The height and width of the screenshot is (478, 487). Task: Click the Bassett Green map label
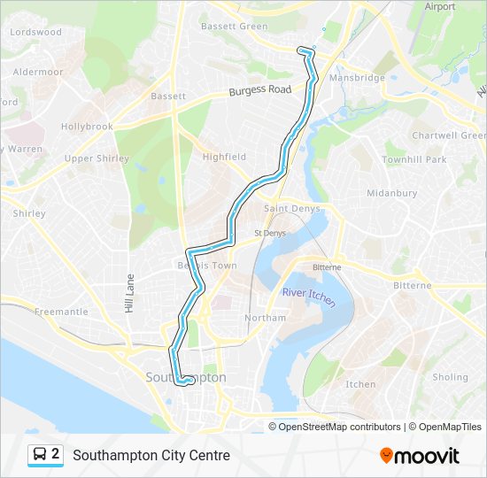tap(234, 27)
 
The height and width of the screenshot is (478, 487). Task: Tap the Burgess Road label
tap(259, 90)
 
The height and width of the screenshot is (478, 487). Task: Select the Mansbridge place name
tap(357, 78)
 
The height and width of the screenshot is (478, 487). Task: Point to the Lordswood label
tap(35, 32)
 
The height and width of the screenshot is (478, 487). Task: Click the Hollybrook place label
tap(87, 127)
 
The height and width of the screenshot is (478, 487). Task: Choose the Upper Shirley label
tap(97, 159)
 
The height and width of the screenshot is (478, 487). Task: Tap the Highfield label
tap(224, 157)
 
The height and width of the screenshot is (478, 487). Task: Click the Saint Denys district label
tap(288, 209)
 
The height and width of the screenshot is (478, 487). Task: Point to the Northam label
tap(267, 318)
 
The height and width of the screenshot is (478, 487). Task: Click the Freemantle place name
tap(61, 312)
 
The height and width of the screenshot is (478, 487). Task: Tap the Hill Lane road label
tap(128, 293)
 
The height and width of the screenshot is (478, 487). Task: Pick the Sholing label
tap(450, 377)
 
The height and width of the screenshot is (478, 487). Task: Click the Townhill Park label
tap(414, 159)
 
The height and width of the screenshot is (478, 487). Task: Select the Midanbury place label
tap(391, 192)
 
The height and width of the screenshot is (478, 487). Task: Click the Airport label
tap(439, 6)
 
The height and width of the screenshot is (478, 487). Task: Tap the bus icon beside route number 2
tap(39, 455)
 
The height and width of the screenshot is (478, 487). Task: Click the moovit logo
tap(420, 456)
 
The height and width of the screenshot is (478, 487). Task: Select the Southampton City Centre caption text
tap(151, 456)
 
